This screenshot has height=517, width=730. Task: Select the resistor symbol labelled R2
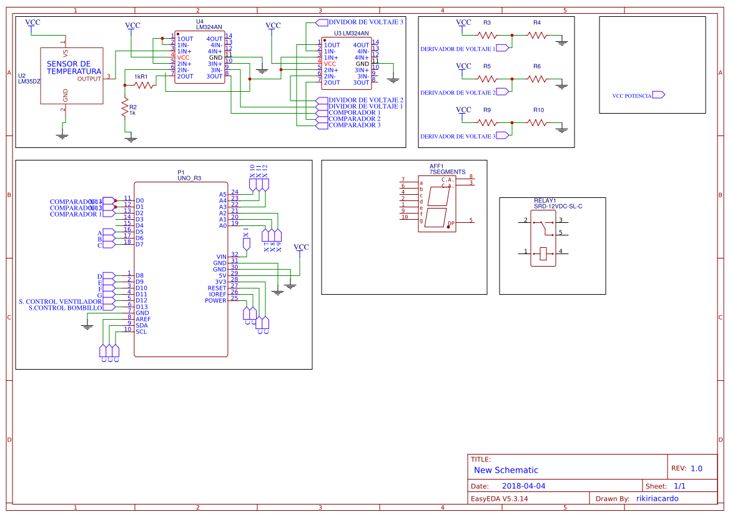point(125,110)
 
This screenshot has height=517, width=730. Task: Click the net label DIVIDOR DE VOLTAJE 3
point(365,22)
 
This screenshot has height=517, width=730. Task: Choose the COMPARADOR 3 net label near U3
point(354,125)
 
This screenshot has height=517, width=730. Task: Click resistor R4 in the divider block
point(537,35)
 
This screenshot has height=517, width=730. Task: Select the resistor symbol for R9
point(487,122)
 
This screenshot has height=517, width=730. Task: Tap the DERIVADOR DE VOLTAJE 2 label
point(457,92)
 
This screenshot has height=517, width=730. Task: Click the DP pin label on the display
point(450,222)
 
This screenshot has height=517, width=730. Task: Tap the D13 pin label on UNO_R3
point(141,307)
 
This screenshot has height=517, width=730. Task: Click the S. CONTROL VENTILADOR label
point(60,301)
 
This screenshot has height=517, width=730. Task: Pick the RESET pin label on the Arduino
point(217,288)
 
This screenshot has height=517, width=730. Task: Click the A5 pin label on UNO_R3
point(222,194)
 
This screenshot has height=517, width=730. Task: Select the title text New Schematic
point(506,470)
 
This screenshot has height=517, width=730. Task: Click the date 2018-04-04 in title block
point(523,486)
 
